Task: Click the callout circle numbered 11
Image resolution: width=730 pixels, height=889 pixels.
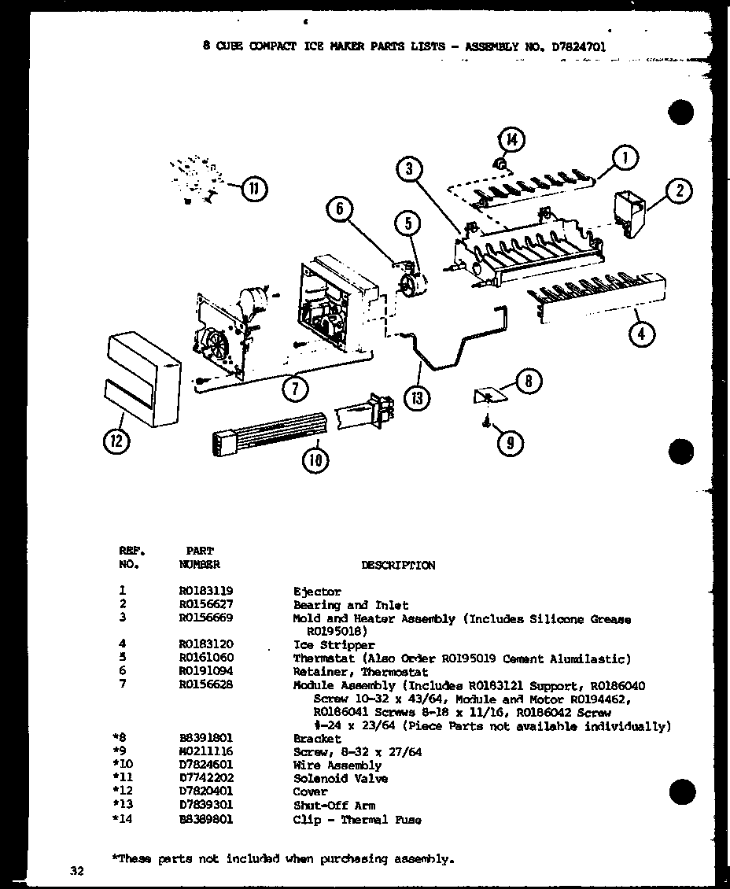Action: tap(253, 189)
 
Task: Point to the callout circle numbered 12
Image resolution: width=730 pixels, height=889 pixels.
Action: tap(116, 442)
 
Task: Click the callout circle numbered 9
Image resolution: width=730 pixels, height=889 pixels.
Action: tap(511, 443)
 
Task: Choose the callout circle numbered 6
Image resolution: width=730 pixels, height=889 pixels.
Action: tap(338, 208)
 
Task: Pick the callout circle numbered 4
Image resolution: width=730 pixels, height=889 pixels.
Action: tap(642, 334)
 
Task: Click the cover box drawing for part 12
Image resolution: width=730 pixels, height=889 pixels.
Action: tap(142, 379)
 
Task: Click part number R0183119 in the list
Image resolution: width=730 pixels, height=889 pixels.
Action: tap(206, 591)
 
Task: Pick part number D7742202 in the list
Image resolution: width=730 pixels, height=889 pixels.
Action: tap(206, 778)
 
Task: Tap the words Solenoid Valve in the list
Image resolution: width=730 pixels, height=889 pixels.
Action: tap(341, 778)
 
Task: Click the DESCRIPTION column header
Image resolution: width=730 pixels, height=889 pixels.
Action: tap(397, 565)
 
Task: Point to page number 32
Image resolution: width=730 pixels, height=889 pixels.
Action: tap(76, 870)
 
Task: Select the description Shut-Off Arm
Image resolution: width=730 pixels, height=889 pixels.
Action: tap(334, 806)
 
